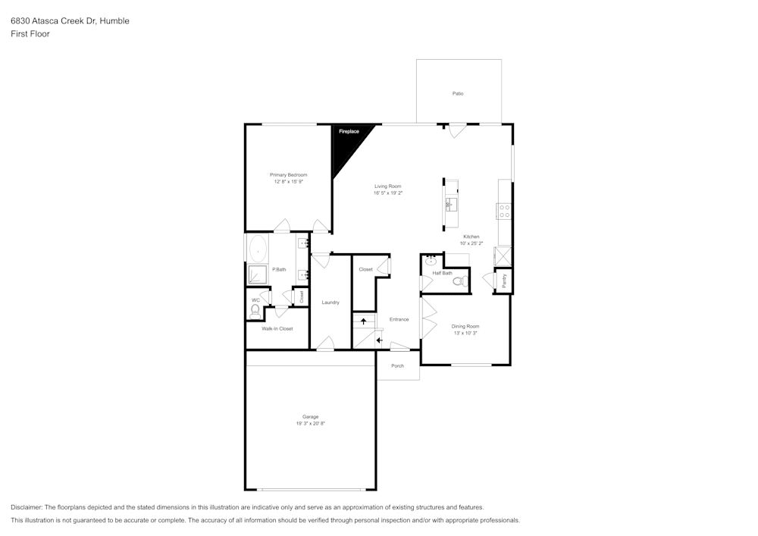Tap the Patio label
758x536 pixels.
(458, 93)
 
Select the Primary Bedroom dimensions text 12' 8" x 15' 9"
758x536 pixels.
(289, 182)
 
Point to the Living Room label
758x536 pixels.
(387, 186)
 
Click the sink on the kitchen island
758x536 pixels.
(450, 203)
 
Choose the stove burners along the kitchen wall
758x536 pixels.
(504, 212)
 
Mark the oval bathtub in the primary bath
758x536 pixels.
(258, 248)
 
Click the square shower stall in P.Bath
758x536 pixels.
(258, 274)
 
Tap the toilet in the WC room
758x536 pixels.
(255, 309)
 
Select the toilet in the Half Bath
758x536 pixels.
(457, 281)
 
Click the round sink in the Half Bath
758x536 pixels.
(431, 262)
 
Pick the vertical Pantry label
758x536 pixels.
(504, 281)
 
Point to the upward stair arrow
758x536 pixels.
(364, 321)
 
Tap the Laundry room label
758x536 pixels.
(330, 302)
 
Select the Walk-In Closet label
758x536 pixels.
(277, 328)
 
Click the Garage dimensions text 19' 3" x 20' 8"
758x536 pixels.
(310, 423)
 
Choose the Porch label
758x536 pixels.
(397, 365)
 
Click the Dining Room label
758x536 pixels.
(466, 326)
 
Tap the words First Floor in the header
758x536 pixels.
(30, 34)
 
